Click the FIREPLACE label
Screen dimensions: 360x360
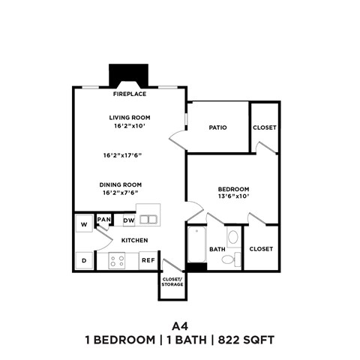pos(130,94)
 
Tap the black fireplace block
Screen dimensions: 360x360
pos(130,76)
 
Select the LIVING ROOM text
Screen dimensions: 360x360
pos(130,117)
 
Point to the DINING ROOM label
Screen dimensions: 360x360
pos(121,184)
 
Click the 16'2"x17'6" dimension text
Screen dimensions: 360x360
pos(123,155)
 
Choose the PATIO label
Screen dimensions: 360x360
pos(217,127)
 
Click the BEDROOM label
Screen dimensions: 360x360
pos(233,189)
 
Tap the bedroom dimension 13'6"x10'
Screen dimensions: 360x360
pos(233,197)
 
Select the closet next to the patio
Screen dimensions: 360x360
pos(264,127)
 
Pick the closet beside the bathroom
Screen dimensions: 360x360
pos(261,248)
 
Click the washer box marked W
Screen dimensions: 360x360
pos(83,223)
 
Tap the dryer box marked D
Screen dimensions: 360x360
pos(83,260)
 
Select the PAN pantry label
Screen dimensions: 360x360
pos(104,220)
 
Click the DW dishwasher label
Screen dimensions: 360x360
pos(128,220)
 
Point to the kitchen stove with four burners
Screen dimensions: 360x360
pos(118,260)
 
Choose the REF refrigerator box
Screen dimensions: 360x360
pos(148,260)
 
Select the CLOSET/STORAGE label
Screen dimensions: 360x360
pos(172,283)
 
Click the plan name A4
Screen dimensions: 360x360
pos(179,325)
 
